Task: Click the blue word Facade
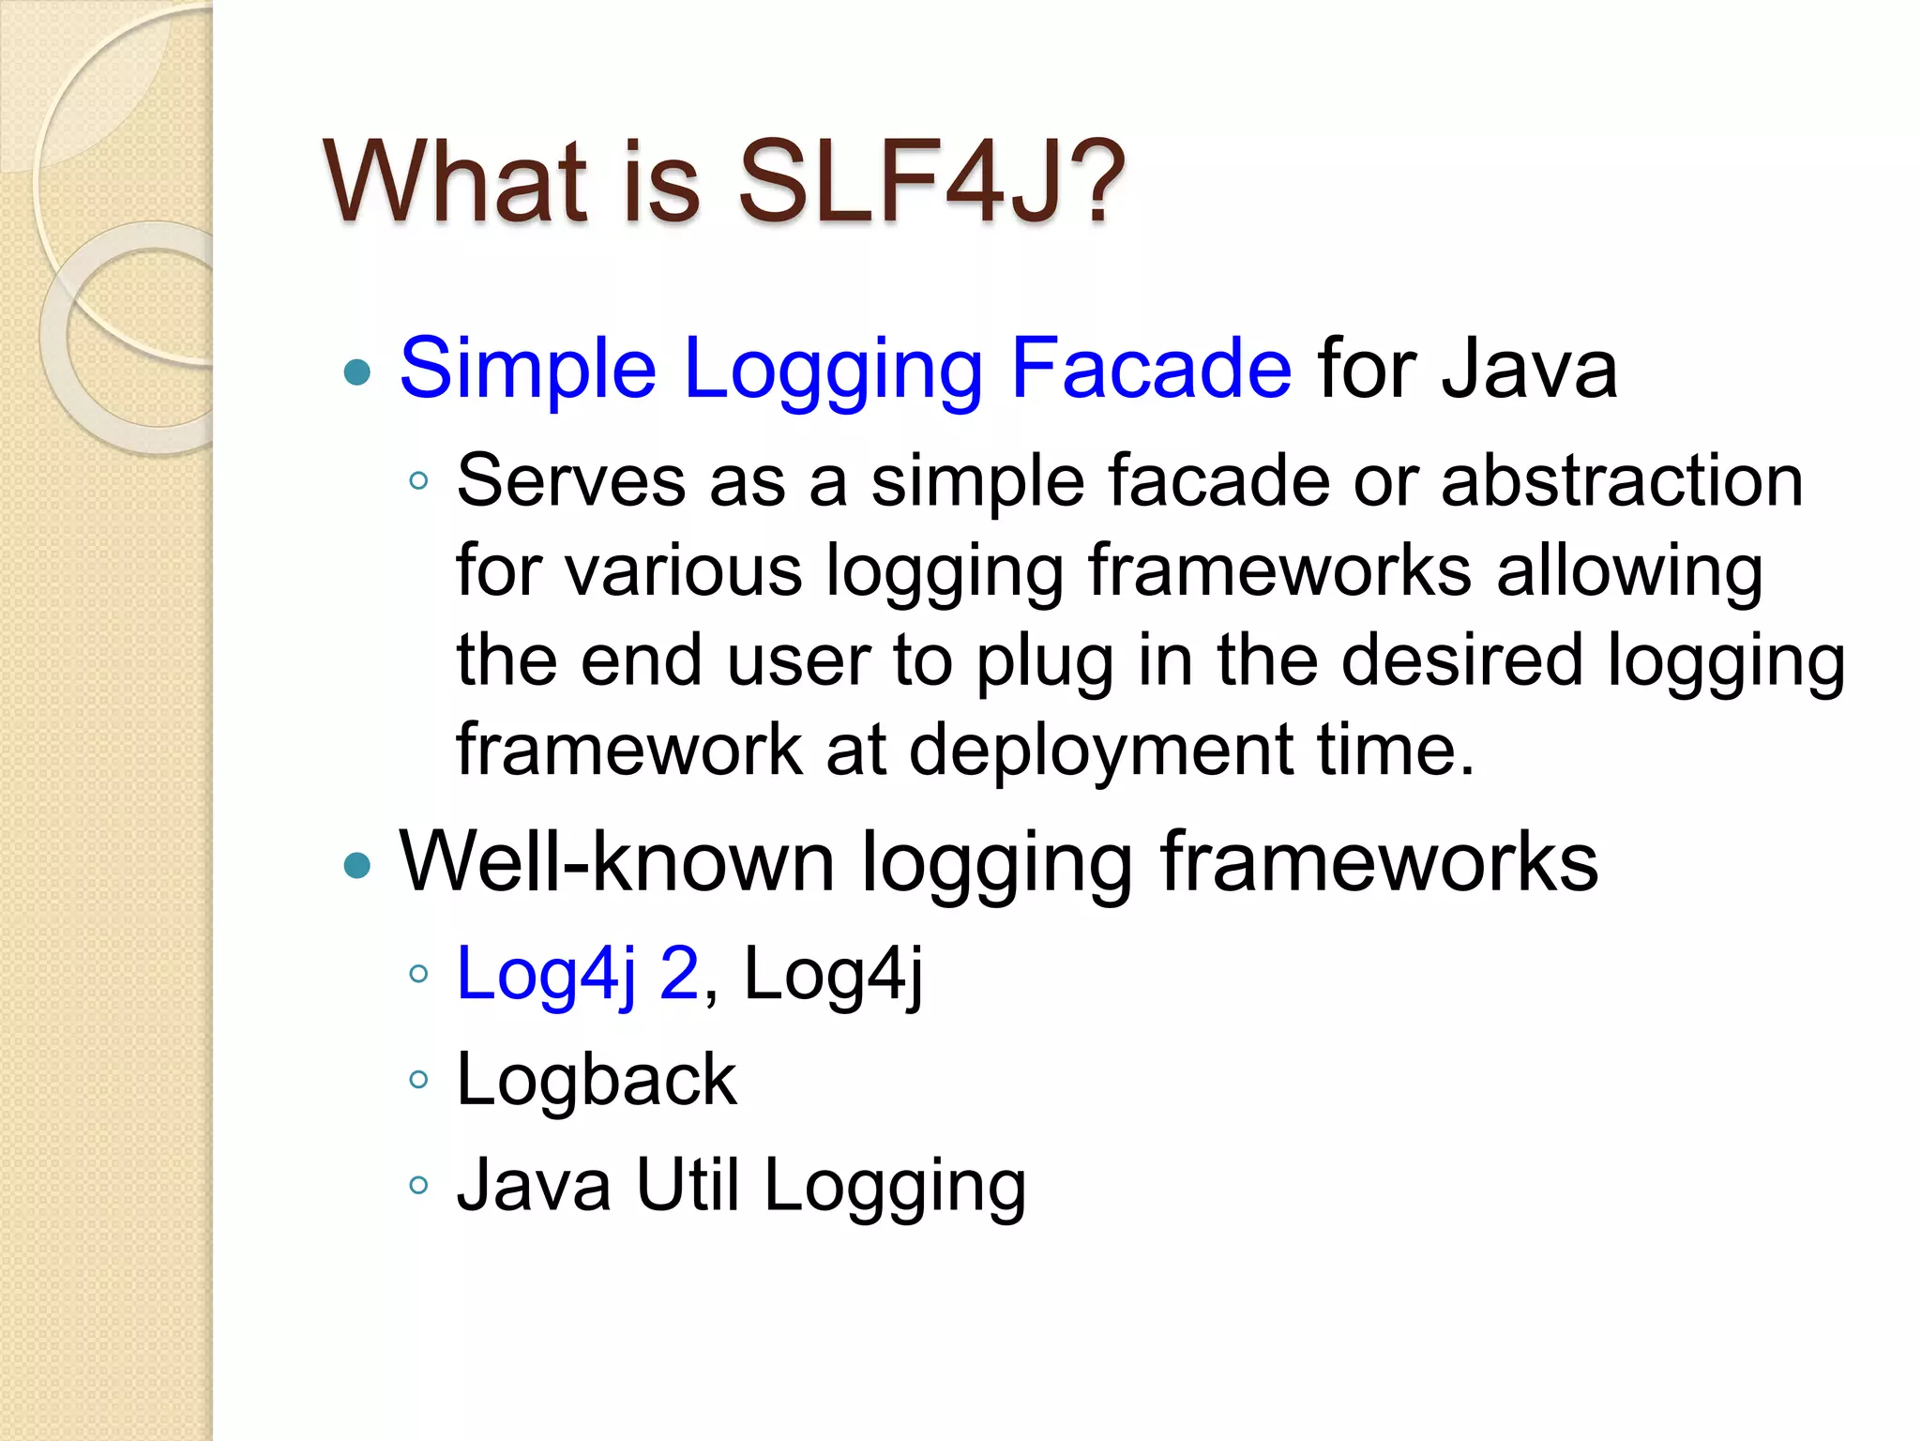pos(1151,369)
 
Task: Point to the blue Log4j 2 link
pos(578,974)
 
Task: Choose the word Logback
pos(597,1079)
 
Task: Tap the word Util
pos(688,1184)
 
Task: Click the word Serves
pos(571,480)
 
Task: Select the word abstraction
pos(1622,480)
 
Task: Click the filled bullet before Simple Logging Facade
pos(357,372)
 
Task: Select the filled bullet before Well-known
pos(357,865)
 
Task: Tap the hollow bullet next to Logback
pos(418,1080)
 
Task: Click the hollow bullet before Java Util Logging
pos(418,1185)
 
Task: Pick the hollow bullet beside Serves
pos(418,482)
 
